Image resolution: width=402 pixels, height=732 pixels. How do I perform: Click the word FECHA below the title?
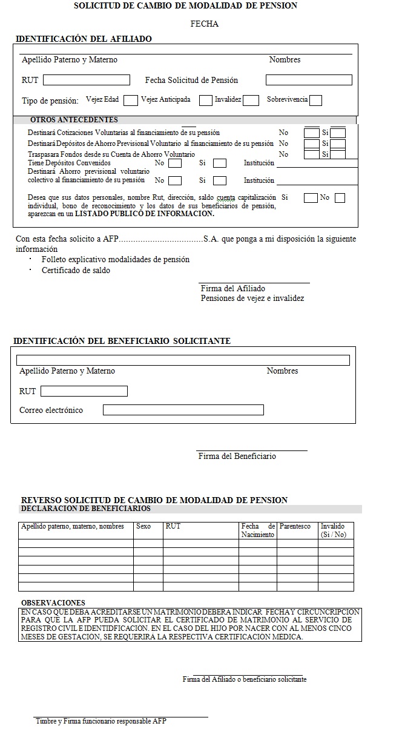click(x=204, y=24)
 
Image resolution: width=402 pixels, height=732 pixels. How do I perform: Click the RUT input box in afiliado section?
click(x=87, y=80)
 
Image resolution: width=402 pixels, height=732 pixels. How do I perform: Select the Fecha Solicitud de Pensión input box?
click(x=309, y=80)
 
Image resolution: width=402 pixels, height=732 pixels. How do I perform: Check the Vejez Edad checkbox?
click(x=130, y=100)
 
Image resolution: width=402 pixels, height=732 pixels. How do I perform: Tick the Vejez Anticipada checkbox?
click(x=206, y=100)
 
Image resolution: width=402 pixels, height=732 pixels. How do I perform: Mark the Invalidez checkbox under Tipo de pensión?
click(x=251, y=100)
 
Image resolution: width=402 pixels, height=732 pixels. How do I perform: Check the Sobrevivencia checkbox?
click(x=315, y=100)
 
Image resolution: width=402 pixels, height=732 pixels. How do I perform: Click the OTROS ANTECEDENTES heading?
click(x=74, y=120)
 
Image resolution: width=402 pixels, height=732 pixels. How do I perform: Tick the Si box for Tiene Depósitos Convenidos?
click(x=220, y=163)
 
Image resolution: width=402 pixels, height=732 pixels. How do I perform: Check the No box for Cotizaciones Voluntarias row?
click(x=311, y=133)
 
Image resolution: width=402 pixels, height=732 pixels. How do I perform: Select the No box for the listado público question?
click(x=340, y=198)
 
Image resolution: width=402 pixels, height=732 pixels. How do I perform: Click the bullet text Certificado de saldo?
click(x=76, y=271)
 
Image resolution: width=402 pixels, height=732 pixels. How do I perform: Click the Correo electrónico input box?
click(x=183, y=410)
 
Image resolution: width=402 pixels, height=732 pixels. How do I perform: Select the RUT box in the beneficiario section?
click(x=84, y=391)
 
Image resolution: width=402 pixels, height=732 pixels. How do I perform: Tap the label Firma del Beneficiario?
click(x=237, y=456)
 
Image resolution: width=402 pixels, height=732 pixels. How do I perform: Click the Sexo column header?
click(x=143, y=526)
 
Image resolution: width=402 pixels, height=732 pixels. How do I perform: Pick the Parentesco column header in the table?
click(x=295, y=526)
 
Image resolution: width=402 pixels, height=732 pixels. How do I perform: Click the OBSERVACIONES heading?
click(x=53, y=603)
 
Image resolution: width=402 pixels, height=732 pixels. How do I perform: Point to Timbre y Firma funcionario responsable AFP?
click(x=100, y=721)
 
